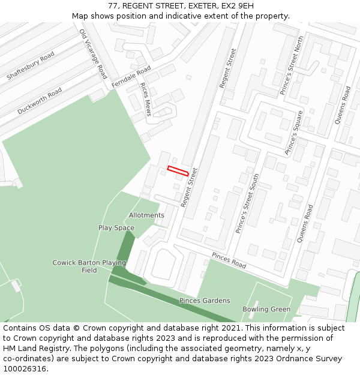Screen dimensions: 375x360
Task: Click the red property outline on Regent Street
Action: [x=178, y=170]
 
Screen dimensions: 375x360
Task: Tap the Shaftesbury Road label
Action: [x=31, y=66]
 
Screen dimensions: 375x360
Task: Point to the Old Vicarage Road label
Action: [x=93, y=54]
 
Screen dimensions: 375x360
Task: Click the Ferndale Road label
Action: [x=131, y=78]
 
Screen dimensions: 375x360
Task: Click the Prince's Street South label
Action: [x=248, y=203]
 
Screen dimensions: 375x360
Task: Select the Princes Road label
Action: [x=229, y=260]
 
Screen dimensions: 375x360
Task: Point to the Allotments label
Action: [x=146, y=215]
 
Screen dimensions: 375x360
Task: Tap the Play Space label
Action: [x=116, y=228]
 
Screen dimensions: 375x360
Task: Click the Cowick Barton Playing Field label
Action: [x=89, y=266]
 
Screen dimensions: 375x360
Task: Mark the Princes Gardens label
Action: [x=205, y=301]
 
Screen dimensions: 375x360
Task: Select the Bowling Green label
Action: [x=266, y=310]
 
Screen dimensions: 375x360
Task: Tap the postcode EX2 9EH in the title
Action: [x=237, y=6]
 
